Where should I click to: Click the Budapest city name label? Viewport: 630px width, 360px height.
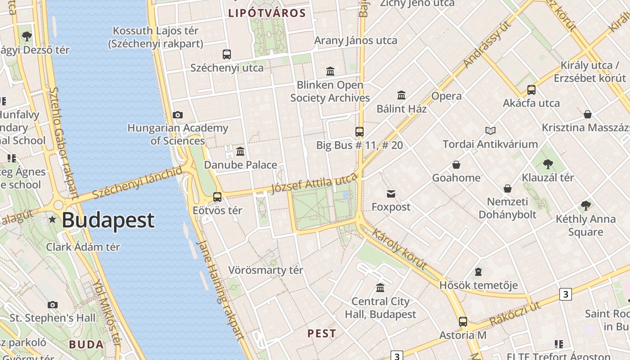coord(108,220)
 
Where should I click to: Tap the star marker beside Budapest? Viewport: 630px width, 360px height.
coord(53,220)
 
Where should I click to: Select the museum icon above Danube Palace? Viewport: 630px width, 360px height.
coord(240,151)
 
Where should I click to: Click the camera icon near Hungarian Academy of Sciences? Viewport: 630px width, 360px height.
coord(178,115)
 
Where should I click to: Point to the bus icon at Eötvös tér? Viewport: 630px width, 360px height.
coord(217,197)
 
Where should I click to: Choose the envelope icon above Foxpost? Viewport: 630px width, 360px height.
coord(391,194)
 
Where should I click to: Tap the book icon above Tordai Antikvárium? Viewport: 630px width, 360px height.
coord(490,131)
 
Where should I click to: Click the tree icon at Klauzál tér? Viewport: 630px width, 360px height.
coord(548,164)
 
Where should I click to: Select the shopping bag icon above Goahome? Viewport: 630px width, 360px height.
coord(456,165)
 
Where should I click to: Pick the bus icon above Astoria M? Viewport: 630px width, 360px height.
coord(463,322)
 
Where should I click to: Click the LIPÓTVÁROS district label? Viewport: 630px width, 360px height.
coord(267,13)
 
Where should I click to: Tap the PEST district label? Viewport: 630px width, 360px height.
coord(321,333)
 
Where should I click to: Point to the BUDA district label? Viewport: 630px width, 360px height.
coord(86,345)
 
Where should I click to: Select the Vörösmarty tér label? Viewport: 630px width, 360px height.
coord(265,270)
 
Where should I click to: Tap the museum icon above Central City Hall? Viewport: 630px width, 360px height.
coord(380,288)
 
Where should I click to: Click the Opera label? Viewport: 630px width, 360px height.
coord(446,96)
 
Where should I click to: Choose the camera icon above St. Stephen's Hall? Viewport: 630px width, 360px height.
coord(53,305)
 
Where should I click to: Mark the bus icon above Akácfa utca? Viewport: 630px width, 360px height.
coord(531,90)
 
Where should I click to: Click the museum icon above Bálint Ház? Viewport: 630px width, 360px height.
coord(401,95)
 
